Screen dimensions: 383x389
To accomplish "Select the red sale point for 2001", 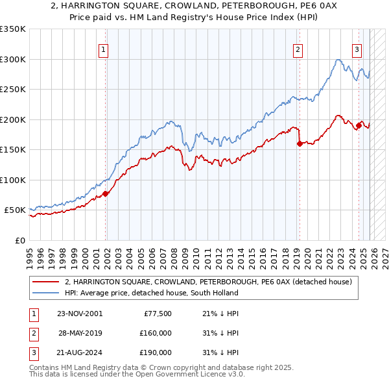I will tap(105, 193).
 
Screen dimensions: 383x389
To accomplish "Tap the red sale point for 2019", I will tap(300, 144).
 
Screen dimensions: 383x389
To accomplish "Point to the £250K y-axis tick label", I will tap(13, 90).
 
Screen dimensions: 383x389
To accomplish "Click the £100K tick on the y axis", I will tap(13, 180).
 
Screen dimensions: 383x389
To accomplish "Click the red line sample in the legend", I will tap(47, 282).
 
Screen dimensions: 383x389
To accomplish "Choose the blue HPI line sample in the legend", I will tap(47, 293).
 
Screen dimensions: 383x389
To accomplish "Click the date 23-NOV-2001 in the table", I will tap(80, 314).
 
